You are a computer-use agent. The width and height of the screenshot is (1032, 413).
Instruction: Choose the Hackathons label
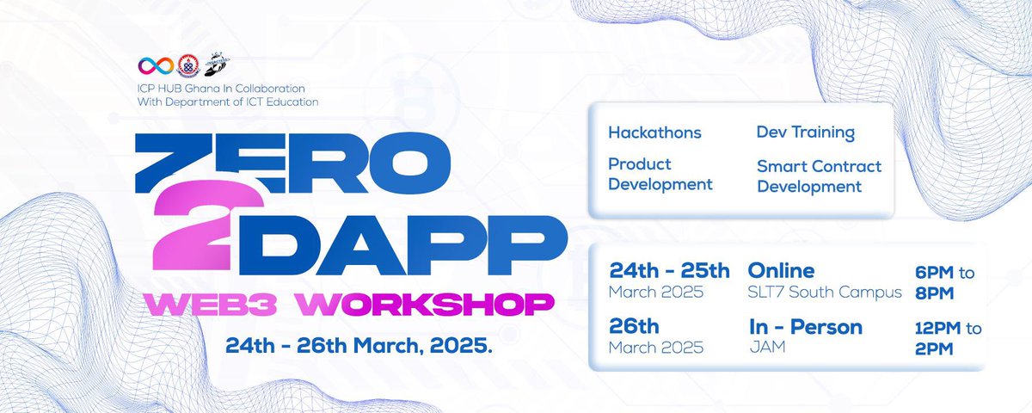click(654, 133)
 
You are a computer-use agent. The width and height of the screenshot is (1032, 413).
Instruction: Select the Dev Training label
click(805, 133)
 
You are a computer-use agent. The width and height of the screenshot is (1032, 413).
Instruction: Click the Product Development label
click(660, 174)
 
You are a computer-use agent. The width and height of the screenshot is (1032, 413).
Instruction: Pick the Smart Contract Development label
click(819, 176)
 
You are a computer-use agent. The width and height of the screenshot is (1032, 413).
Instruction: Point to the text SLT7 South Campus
click(825, 293)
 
